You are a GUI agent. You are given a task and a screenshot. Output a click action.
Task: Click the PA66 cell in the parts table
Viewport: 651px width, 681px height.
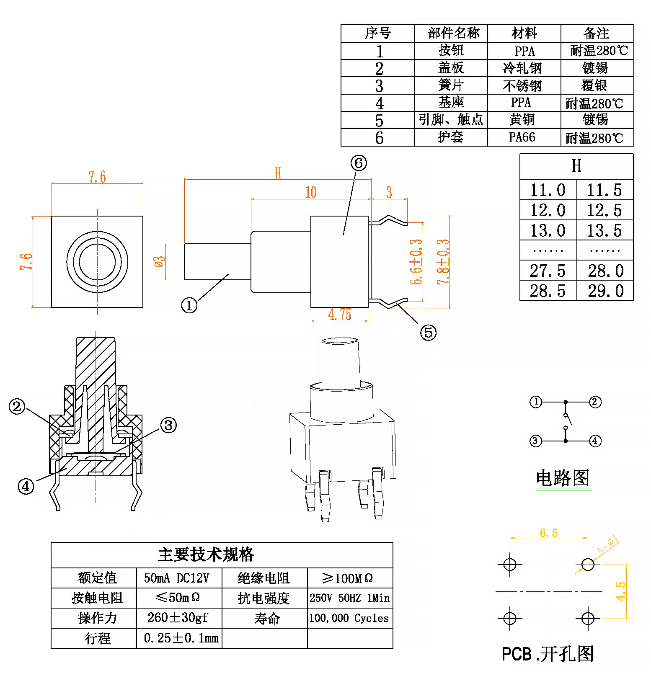[522, 137]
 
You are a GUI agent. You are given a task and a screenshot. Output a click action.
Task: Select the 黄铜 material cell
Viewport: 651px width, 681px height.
[522, 120]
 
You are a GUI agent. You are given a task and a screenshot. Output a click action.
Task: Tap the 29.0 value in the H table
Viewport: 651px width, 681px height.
[605, 291]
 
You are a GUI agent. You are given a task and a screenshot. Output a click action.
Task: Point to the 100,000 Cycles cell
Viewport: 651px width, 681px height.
[349, 618]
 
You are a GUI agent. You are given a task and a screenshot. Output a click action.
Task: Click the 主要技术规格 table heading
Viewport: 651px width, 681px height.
[206, 555]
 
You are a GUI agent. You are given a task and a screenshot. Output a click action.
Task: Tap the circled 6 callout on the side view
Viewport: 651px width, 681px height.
[359, 163]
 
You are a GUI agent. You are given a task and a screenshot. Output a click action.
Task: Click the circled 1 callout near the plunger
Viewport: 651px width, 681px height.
[189, 305]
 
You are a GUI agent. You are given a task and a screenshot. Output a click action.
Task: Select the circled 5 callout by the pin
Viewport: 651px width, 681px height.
[428, 333]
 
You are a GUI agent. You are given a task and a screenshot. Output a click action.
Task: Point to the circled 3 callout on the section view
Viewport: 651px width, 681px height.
[168, 426]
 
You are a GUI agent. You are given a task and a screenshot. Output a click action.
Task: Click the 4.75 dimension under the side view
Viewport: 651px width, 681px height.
[339, 315]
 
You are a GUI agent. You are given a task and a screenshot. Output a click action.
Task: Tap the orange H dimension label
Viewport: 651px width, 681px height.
[278, 173]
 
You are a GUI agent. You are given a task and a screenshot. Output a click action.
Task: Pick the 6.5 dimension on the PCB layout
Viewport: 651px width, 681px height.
[548, 533]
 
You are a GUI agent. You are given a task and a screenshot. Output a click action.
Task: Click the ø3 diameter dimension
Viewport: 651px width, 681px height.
[160, 262]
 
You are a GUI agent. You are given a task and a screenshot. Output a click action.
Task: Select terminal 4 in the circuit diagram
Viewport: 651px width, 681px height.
[595, 441]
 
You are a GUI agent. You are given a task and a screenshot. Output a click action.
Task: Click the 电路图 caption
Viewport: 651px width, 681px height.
[563, 478]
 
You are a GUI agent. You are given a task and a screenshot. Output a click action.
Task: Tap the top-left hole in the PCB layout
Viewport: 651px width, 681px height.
[510, 565]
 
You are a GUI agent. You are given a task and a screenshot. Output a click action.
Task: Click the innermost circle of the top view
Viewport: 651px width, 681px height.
[97, 262]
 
